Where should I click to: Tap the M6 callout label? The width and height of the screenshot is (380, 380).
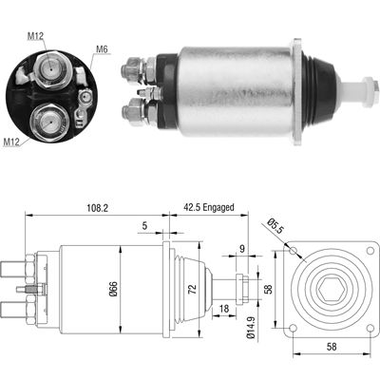[103, 50]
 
